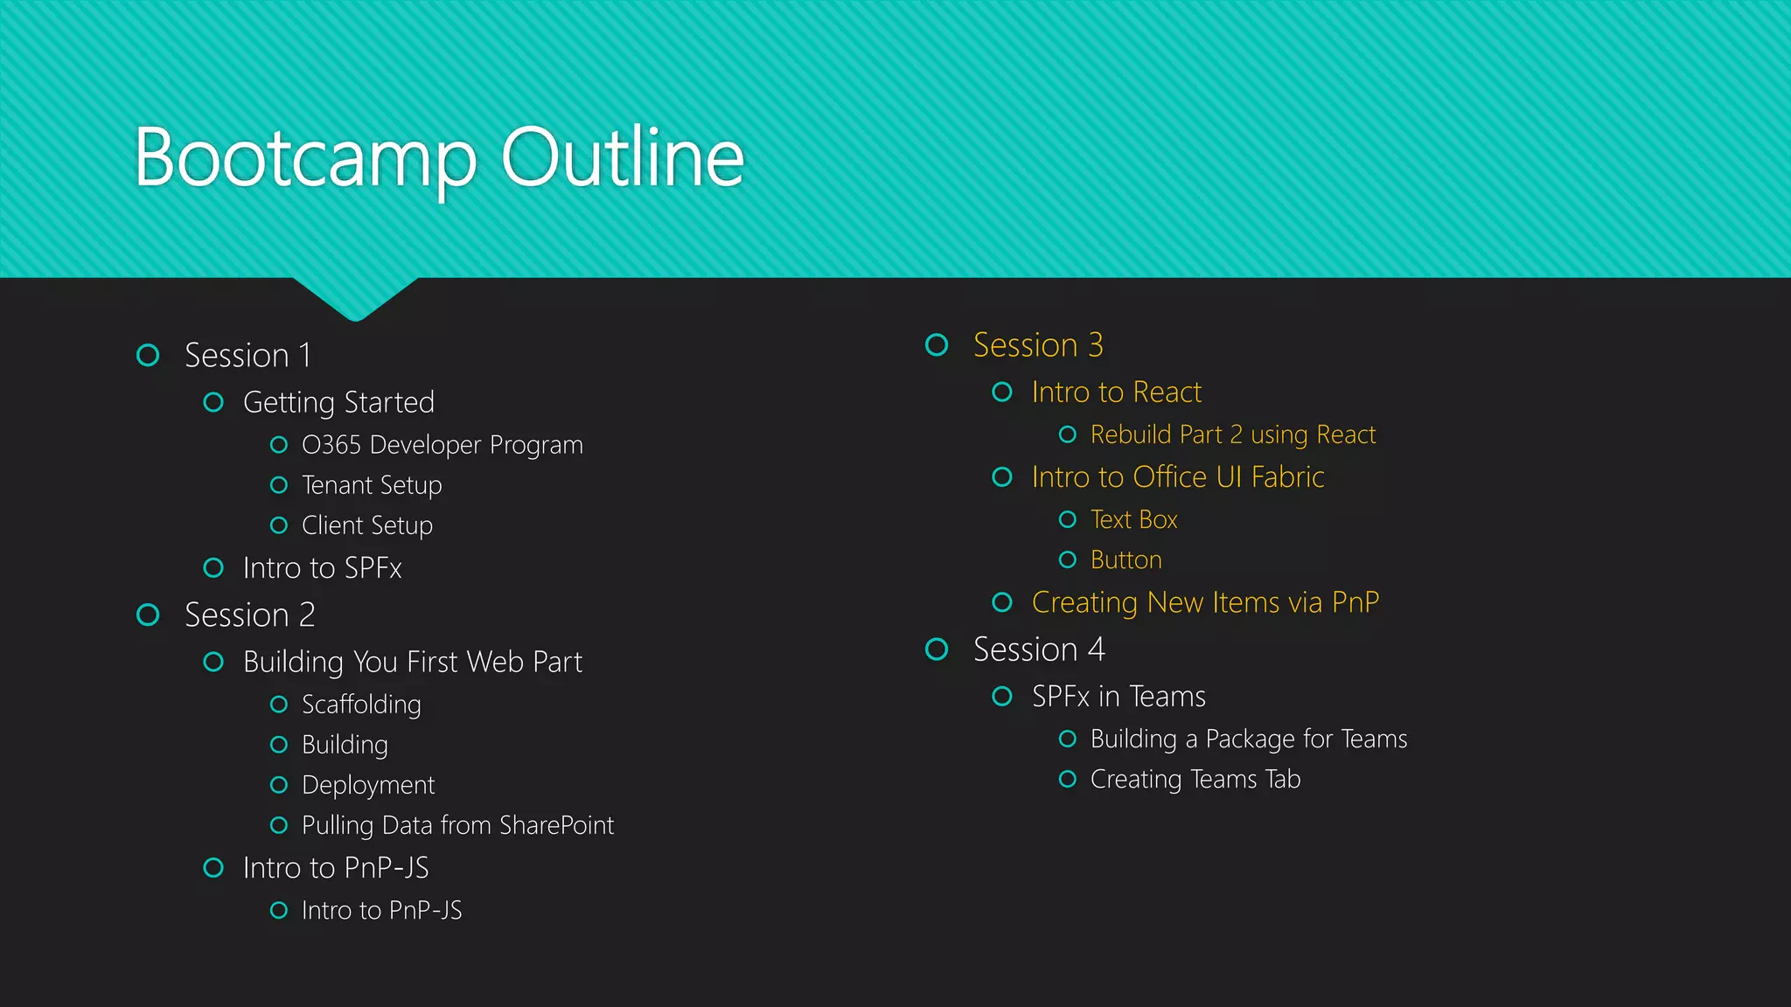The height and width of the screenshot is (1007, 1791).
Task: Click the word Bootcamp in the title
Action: [305, 159]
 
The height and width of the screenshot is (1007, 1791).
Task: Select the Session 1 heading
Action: [247, 356]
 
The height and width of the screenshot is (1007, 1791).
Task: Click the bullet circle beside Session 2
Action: [149, 615]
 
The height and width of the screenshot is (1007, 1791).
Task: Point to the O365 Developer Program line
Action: [442, 445]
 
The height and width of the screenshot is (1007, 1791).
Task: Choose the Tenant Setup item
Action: [372, 485]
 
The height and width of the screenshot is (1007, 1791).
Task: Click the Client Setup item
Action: [366, 525]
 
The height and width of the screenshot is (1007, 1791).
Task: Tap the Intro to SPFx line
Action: [322, 568]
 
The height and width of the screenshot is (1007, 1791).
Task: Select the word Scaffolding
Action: [361, 705]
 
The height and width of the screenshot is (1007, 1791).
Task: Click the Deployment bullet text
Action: [368, 785]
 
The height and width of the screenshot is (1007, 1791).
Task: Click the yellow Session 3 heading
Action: [1038, 345]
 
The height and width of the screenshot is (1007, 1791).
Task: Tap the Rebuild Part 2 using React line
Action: [1232, 434]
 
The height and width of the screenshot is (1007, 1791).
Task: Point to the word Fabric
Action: [1287, 477]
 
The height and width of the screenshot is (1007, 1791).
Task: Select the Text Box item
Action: [1133, 520]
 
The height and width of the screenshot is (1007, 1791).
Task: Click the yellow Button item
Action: [1125, 560]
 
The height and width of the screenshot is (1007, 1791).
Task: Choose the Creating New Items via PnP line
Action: [1205, 602]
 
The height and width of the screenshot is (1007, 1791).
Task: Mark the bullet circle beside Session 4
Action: [937, 649]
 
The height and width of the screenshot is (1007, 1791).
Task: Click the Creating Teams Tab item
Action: [1195, 779]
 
